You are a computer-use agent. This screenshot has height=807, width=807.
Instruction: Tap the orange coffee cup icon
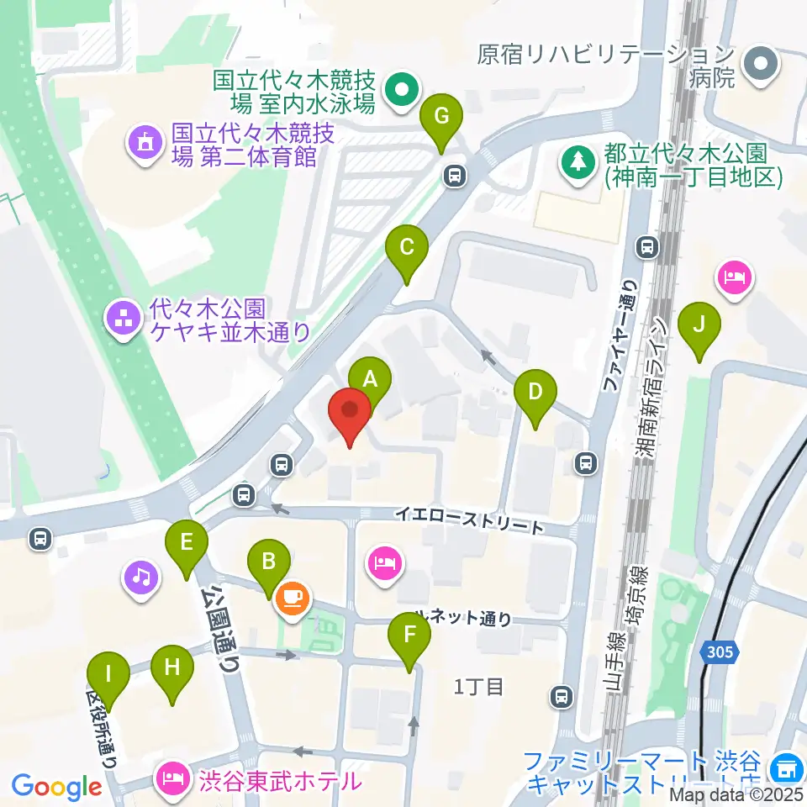[293, 599]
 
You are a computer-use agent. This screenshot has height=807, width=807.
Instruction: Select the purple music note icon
[141, 577]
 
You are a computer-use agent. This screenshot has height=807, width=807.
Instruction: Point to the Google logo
[56, 786]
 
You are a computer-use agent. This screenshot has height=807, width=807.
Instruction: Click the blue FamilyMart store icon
[788, 767]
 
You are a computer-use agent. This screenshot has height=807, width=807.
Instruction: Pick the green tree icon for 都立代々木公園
[578, 160]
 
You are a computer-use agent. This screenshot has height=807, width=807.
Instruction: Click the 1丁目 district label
[478, 686]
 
